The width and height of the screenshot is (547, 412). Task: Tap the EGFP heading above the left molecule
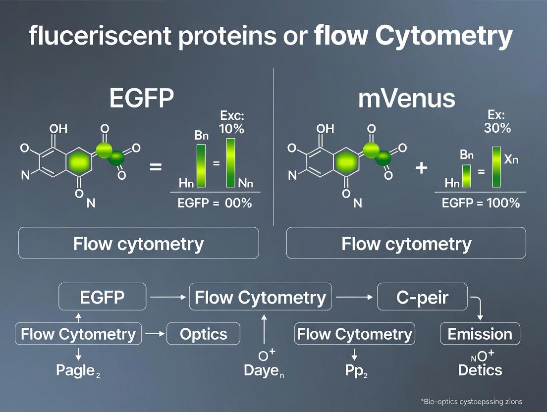(141, 98)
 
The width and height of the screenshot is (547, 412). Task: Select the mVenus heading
(406, 98)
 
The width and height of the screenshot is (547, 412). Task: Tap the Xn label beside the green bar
(513, 159)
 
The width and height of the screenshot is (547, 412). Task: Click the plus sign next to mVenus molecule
(421, 168)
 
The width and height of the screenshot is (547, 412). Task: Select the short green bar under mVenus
(467, 176)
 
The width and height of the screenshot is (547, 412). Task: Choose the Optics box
(203, 334)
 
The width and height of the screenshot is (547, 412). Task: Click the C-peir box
(423, 298)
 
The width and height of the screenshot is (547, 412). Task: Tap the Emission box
(480, 334)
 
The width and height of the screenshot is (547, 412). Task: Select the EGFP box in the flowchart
(103, 298)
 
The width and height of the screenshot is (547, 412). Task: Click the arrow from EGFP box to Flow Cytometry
(167, 298)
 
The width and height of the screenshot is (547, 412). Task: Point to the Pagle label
(78, 370)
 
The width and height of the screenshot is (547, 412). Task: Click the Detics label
(480, 370)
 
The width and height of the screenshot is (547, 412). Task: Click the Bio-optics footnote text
(471, 402)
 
